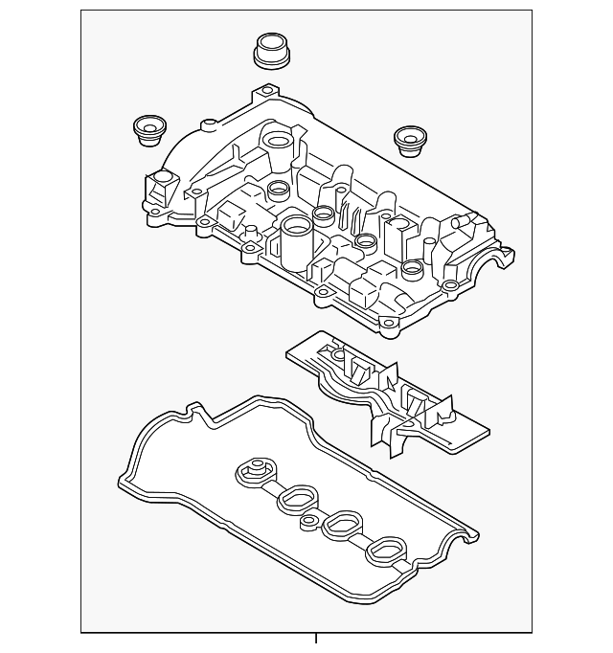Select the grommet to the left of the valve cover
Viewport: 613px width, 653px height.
[148, 130]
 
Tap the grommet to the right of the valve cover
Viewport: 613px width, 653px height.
[411, 143]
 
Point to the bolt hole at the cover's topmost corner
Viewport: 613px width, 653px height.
[260, 95]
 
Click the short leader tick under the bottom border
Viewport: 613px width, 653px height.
[315, 639]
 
